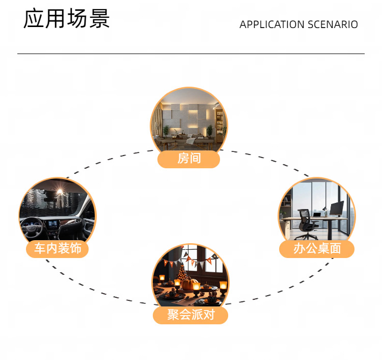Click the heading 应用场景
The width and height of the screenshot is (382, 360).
point(67,19)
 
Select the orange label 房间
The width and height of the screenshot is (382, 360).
point(189,159)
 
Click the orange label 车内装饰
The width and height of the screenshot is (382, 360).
point(58,249)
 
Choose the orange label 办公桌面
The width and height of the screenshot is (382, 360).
point(317,249)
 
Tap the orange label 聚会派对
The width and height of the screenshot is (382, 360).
point(190,315)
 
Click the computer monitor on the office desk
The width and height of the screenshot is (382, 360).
point(337,208)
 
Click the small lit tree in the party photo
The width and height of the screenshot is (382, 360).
point(182,273)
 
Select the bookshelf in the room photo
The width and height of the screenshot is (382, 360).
point(220,122)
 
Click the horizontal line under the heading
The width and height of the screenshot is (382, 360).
point(191,54)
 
